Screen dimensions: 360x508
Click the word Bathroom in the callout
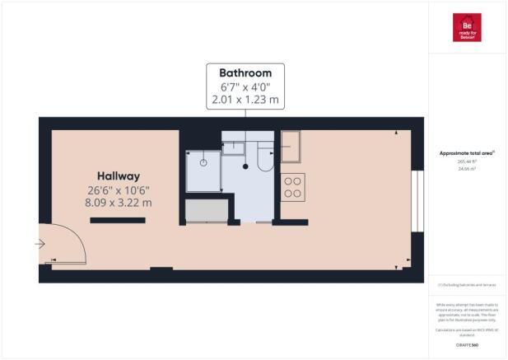pos(245,72)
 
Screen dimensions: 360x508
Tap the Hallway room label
pos(119,176)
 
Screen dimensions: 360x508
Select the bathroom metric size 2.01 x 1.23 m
pos(245,101)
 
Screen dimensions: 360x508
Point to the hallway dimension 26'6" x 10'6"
pos(119,190)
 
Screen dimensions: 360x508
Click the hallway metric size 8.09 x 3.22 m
pos(119,203)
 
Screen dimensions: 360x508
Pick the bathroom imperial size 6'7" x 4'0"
pos(245,87)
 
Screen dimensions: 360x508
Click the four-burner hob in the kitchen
pos(292,187)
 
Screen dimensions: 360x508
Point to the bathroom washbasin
pos(233,147)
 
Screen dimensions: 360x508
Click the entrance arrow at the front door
pos(40,244)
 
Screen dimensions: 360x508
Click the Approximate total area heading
pos(467,152)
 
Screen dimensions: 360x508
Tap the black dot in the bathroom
pos(245,166)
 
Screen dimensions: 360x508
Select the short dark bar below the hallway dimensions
pos(118,220)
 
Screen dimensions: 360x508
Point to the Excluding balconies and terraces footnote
pos(466,284)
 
